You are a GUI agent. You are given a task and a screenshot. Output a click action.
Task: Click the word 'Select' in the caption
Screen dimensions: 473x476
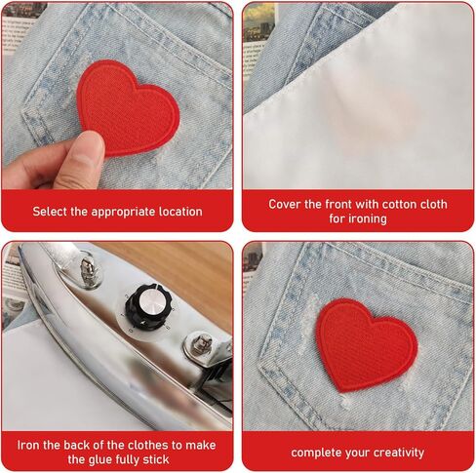coord(52,211)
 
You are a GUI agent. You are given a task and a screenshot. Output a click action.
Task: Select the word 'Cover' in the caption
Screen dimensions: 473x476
coord(288,204)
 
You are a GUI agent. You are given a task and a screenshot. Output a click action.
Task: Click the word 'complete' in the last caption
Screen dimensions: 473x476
coord(316,453)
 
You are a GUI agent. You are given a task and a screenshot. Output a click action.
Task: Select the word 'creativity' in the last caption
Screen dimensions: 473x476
coord(396,453)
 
